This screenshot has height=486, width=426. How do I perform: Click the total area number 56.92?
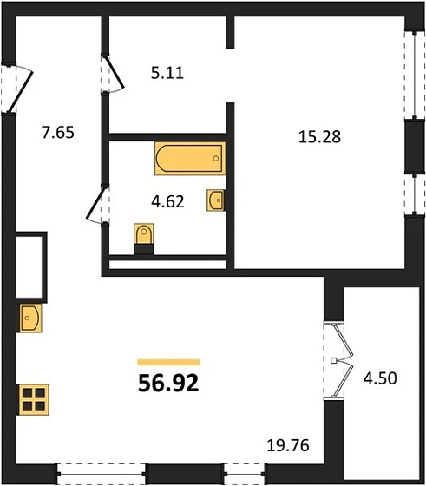169,383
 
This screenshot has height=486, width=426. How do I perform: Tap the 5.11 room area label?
167,75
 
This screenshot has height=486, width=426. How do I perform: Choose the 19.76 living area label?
286,448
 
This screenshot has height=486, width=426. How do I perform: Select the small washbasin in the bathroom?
216,201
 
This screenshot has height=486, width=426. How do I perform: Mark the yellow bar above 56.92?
169,362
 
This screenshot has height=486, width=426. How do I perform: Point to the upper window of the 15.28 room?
411,76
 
